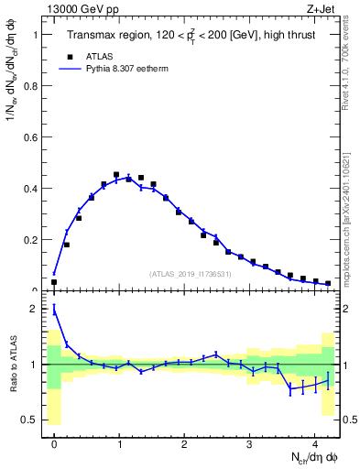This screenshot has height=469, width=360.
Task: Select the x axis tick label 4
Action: coord(315,446)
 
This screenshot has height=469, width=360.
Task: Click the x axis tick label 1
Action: coord(119,446)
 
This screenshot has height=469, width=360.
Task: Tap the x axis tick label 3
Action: coord(250,446)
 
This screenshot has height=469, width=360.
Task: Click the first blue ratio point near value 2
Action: coord(54,310)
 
